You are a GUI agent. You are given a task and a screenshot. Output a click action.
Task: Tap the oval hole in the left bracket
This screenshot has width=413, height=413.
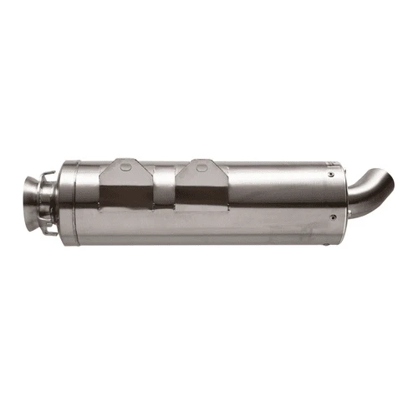tap(125, 166)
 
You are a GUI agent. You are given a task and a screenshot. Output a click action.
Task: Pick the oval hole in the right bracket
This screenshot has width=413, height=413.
tap(201, 166)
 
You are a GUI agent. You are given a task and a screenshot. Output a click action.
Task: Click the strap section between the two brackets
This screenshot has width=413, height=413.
tap(164, 178)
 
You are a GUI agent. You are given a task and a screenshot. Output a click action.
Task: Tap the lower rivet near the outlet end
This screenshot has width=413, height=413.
tap(333, 219)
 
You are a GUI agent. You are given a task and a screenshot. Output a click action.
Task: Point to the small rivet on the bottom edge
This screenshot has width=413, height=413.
tap(323, 242)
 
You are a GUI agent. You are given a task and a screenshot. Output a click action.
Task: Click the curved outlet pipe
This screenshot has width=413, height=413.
tap(369, 193)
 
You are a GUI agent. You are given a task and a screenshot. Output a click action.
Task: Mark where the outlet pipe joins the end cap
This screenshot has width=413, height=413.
tap(345, 201)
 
